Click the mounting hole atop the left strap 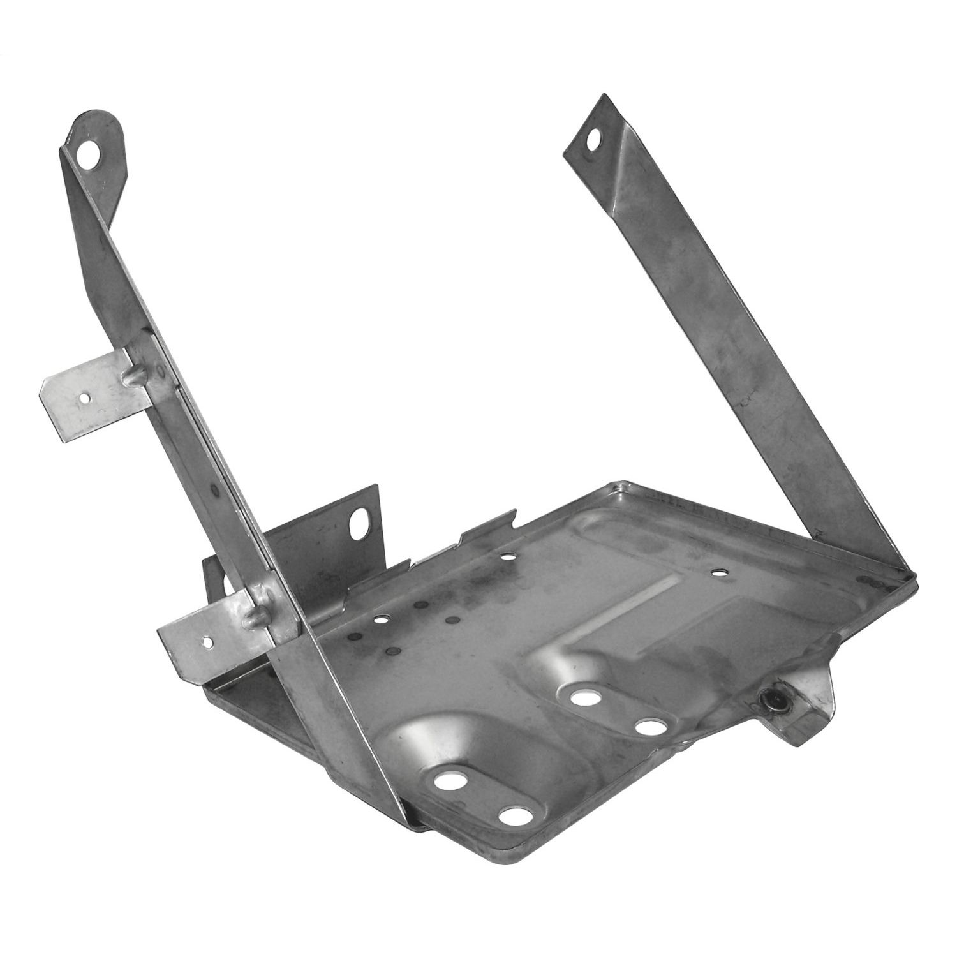pos(94,154)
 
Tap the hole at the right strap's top pos(595,138)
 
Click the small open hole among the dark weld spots pos(382,619)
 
